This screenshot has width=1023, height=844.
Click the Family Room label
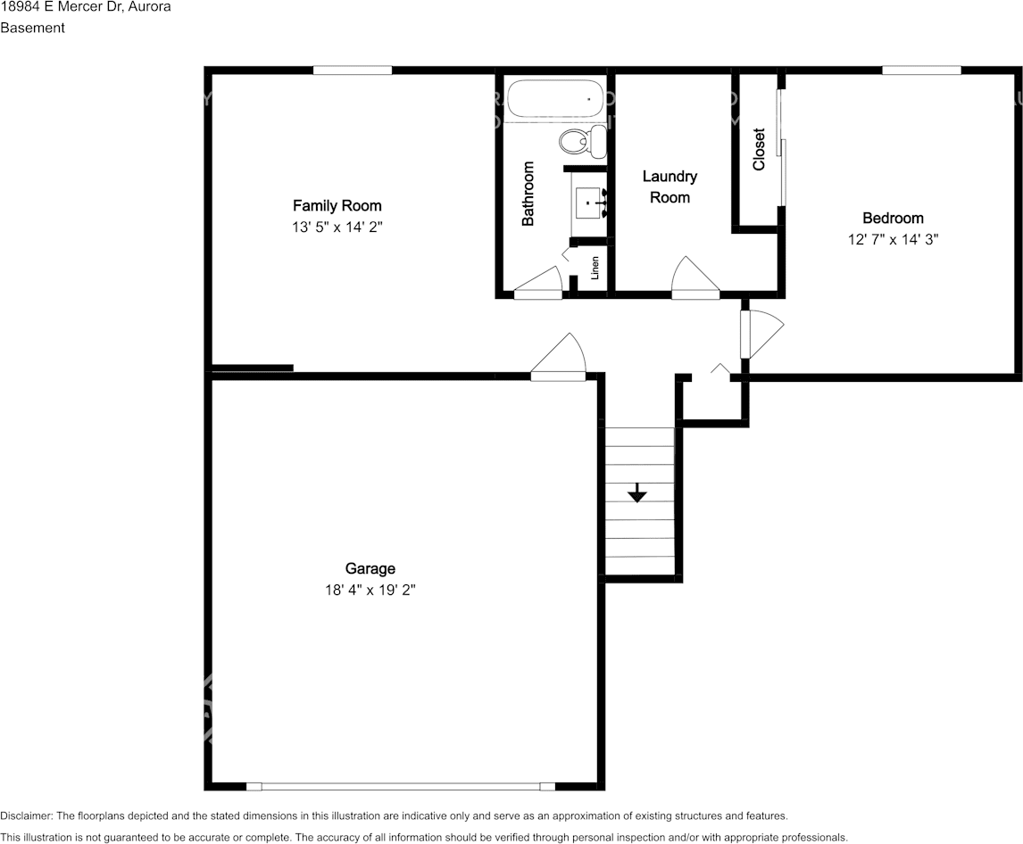[x=337, y=206]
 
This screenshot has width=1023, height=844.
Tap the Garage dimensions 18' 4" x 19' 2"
[x=370, y=591]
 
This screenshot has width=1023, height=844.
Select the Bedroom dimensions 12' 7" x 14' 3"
[x=893, y=239]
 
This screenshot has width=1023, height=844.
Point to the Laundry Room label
[x=670, y=186]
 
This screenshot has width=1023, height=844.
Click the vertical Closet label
[x=759, y=149]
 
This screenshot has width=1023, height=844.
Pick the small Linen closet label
[x=595, y=268]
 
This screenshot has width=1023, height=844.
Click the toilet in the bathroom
[x=583, y=141]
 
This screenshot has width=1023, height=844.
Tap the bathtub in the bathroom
[x=557, y=99]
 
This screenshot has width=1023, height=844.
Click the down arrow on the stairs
[x=636, y=492]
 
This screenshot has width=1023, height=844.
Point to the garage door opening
[x=401, y=787]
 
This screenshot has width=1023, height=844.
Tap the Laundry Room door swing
[x=695, y=277]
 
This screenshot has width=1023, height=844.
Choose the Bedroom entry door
[x=761, y=334]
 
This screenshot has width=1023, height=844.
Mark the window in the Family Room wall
[x=353, y=70]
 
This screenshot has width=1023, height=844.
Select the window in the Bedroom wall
[x=922, y=70]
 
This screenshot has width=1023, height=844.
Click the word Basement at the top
[x=33, y=28]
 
